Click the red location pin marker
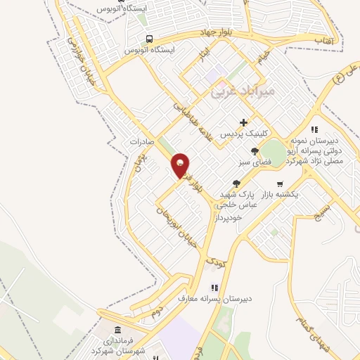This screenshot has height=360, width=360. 181,165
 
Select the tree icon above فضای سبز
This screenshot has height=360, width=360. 255,150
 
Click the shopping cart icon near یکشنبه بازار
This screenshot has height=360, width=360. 280,184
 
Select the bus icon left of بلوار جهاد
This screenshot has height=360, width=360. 148,39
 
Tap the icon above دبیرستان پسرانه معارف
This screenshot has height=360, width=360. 214,288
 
